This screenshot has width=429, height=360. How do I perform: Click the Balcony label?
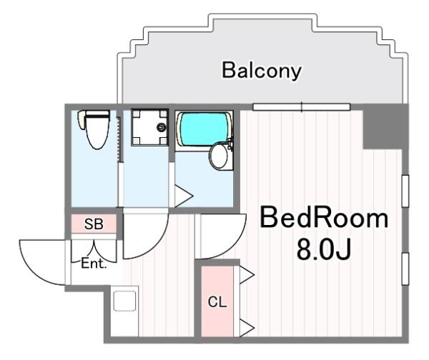tap(261, 71)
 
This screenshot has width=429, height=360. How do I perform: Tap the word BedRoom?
tap(323, 219)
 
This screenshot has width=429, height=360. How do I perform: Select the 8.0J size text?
tap(323, 250)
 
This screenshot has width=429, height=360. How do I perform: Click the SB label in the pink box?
tap(94, 224)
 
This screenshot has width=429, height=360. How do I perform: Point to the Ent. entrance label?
tap(94, 264)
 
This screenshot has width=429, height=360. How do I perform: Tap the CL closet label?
tap(217, 301)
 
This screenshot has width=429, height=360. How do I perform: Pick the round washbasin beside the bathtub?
tap(220, 156)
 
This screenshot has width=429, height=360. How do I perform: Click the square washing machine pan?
tap(149, 128)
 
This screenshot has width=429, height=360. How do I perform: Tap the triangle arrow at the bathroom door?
tap(183, 195)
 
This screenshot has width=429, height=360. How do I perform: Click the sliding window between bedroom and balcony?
tap(301, 108)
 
